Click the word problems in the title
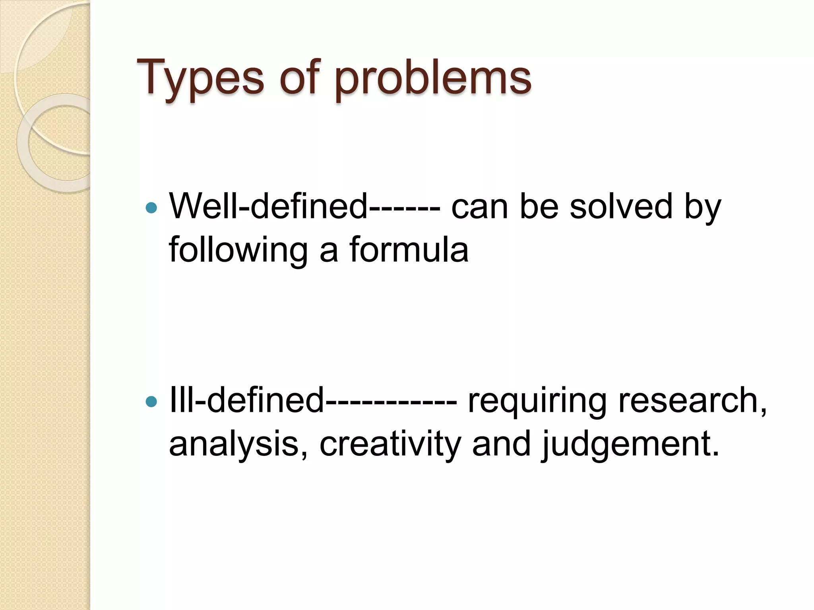click(x=433, y=77)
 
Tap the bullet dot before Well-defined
click(x=151, y=208)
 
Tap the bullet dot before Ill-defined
click(x=151, y=402)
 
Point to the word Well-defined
click(x=268, y=207)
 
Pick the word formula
click(x=409, y=249)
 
